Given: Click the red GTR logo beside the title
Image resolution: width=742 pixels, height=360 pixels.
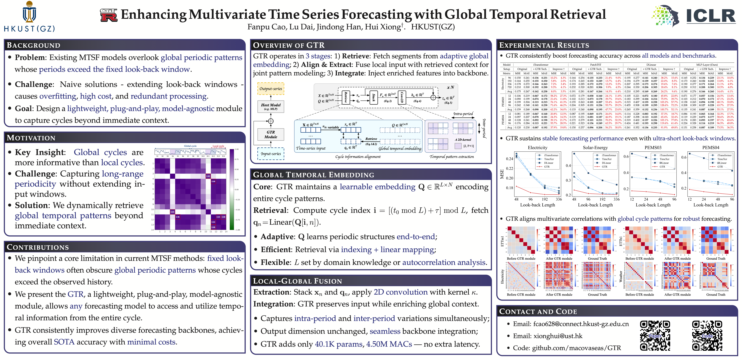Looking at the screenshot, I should [109, 15].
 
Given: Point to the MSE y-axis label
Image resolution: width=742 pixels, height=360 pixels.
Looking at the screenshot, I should [502, 174].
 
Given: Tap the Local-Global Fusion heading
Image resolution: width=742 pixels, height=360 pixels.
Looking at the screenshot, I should [297, 281].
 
